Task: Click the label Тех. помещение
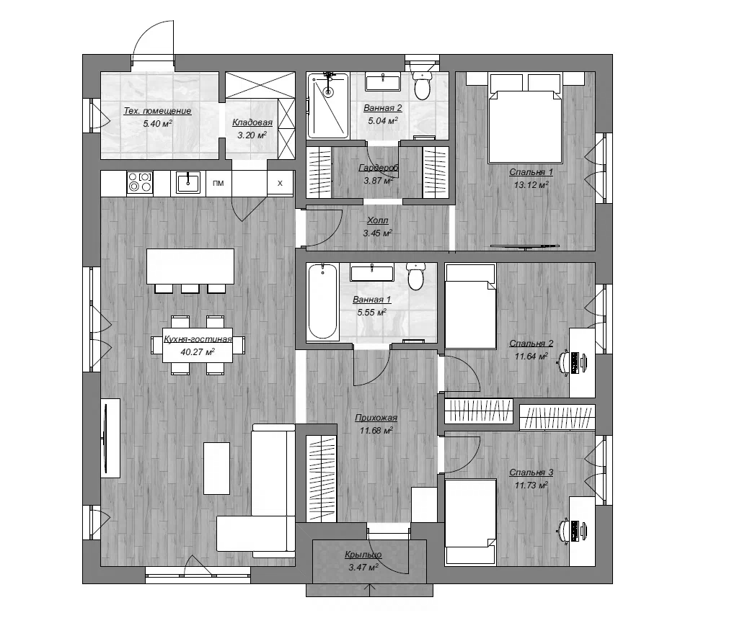pos(157,111)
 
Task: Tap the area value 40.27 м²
pos(198,352)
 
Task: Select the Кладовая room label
pos(252,122)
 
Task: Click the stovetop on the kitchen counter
pos(140,182)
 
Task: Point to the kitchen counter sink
pos(188,182)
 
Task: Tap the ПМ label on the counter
pos(218,183)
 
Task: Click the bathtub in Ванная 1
pos(322,302)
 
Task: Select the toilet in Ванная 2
pos(423,84)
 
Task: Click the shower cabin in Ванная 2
pos(328,106)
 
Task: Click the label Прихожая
pos(376,418)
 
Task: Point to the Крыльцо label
pos(363,555)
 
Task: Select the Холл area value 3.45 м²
pos(377,233)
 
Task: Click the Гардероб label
pos(379,168)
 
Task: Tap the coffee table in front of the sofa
pos(216,468)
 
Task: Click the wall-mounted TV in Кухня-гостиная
pos(106,438)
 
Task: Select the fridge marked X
pos(280,183)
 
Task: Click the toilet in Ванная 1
pos(416,277)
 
